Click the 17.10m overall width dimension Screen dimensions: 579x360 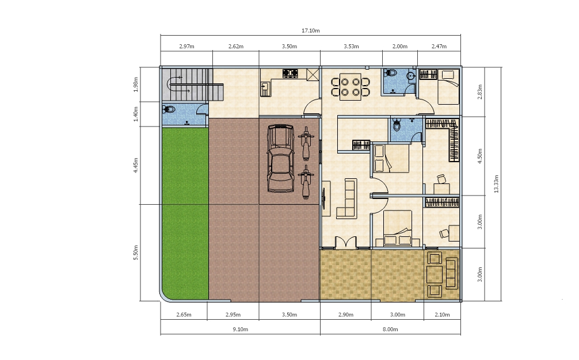pyautogui.click(x=311, y=30)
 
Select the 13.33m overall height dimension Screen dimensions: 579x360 pyautogui.click(x=496, y=183)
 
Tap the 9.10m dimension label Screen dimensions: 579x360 pyautogui.click(x=241, y=330)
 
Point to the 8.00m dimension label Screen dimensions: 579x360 pyautogui.click(x=390, y=330)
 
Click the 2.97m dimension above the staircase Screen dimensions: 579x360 pyautogui.click(x=186, y=47)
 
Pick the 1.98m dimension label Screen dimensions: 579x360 pyautogui.click(x=135, y=85)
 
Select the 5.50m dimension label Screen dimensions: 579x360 pyautogui.click(x=135, y=252)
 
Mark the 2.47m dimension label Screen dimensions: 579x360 pyautogui.click(x=439, y=47)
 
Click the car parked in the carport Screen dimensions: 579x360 pyautogui.click(x=281, y=158)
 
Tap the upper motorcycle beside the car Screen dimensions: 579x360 pyautogui.click(x=306, y=144)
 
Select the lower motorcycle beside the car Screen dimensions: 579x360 pyautogui.click(x=306, y=182)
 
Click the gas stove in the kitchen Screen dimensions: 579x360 pyautogui.click(x=290, y=74)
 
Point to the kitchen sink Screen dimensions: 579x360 pyautogui.click(x=265, y=89)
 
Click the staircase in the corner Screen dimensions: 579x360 pyautogui.click(x=192, y=84)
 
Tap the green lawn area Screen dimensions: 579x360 pyautogui.click(x=185, y=213)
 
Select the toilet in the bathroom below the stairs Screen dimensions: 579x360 pyautogui.click(x=169, y=109)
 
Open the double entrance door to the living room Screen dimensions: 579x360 pyautogui.click(x=346, y=242)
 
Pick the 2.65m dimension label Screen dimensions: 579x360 pyautogui.click(x=184, y=315)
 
